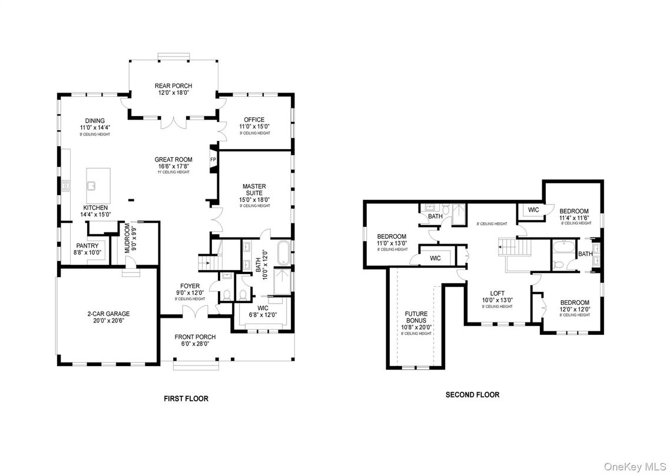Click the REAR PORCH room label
click(x=173, y=86)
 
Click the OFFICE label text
click(x=254, y=120)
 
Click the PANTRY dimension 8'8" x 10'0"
click(x=88, y=252)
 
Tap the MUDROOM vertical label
click(x=127, y=239)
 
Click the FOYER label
click(x=190, y=286)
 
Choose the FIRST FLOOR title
click(x=185, y=399)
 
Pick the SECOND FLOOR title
click(x=472, y=395)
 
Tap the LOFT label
click(x=498, y=293)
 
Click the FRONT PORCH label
click(x=195, y=337)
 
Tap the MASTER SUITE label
click(x=254, y=190)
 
